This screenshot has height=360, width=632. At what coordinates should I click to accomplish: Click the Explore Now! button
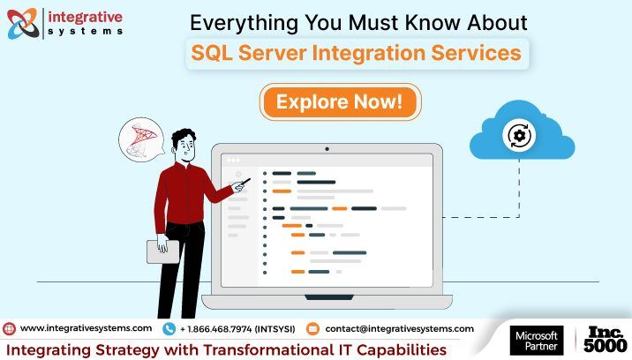pos(340,101)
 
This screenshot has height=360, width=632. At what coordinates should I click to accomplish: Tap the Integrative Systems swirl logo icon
pos(23,23)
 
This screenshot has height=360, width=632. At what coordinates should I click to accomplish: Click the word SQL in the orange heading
pos(212,53)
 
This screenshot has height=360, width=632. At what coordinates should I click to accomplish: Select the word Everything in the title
pos(244,23)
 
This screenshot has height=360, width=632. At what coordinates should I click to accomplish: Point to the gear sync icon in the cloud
pos(519,136)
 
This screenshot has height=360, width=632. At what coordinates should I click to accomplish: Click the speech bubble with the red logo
pos(141,140)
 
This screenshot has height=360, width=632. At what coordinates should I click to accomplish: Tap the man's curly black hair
pos(184,136)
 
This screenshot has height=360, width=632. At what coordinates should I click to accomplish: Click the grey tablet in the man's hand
pos(162,252)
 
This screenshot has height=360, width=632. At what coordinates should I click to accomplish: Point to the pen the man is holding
pos(245,184)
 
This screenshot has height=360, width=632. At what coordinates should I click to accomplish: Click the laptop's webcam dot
pos(327,149)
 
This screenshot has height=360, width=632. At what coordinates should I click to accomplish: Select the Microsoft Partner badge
pos(537,341)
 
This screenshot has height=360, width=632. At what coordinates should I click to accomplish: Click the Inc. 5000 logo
pos(606,340)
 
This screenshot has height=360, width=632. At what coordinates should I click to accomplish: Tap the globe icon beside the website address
pos(9,329)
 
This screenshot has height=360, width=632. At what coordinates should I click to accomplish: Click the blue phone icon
pos(169,329)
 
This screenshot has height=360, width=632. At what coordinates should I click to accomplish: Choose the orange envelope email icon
pos(312,329)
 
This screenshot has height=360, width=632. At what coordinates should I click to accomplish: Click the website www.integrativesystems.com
pos(86,328)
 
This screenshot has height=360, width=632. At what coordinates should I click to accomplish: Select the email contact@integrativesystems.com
pos(400,329)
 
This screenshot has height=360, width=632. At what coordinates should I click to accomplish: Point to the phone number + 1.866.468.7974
pos(215,329)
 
